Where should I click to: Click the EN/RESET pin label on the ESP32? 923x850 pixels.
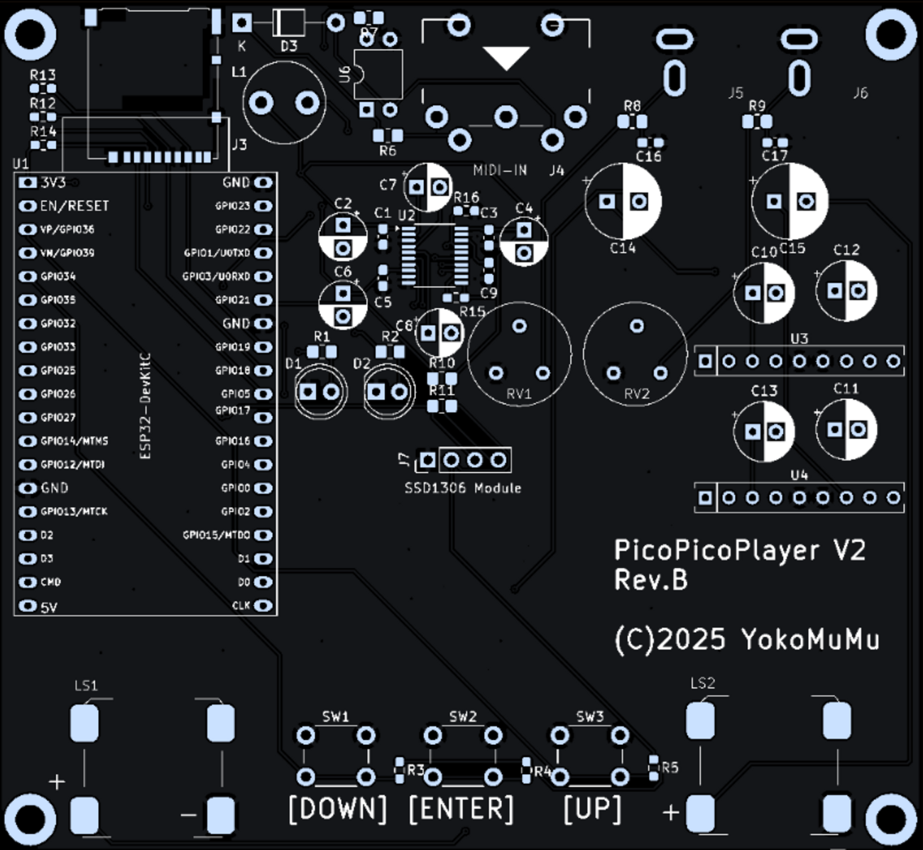pos(75,206)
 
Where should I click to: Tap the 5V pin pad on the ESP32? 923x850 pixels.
pos(28,606)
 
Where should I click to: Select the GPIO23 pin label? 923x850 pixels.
pos(232,206)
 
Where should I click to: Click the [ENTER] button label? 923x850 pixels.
pos(461,809)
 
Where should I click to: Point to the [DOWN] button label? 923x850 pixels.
pos(338,809)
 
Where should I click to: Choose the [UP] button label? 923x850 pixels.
pos(592,809)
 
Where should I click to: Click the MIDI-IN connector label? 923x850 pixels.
pos(500,170)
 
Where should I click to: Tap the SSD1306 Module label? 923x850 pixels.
pos(463,488)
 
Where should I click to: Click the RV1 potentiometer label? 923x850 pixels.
pos(519,393)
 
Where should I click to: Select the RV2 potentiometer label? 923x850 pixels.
pos(636,393)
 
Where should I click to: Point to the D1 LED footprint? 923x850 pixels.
pos(319,391)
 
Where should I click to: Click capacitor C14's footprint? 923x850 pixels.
pos(623,202)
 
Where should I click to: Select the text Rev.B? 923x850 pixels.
pos(650,580)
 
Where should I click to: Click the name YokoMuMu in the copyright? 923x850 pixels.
pos(810,639)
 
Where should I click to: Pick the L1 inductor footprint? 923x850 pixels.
pos(284,104)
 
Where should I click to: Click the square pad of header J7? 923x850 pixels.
pos(427,461)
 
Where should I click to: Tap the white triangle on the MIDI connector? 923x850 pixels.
pos(506,58)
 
